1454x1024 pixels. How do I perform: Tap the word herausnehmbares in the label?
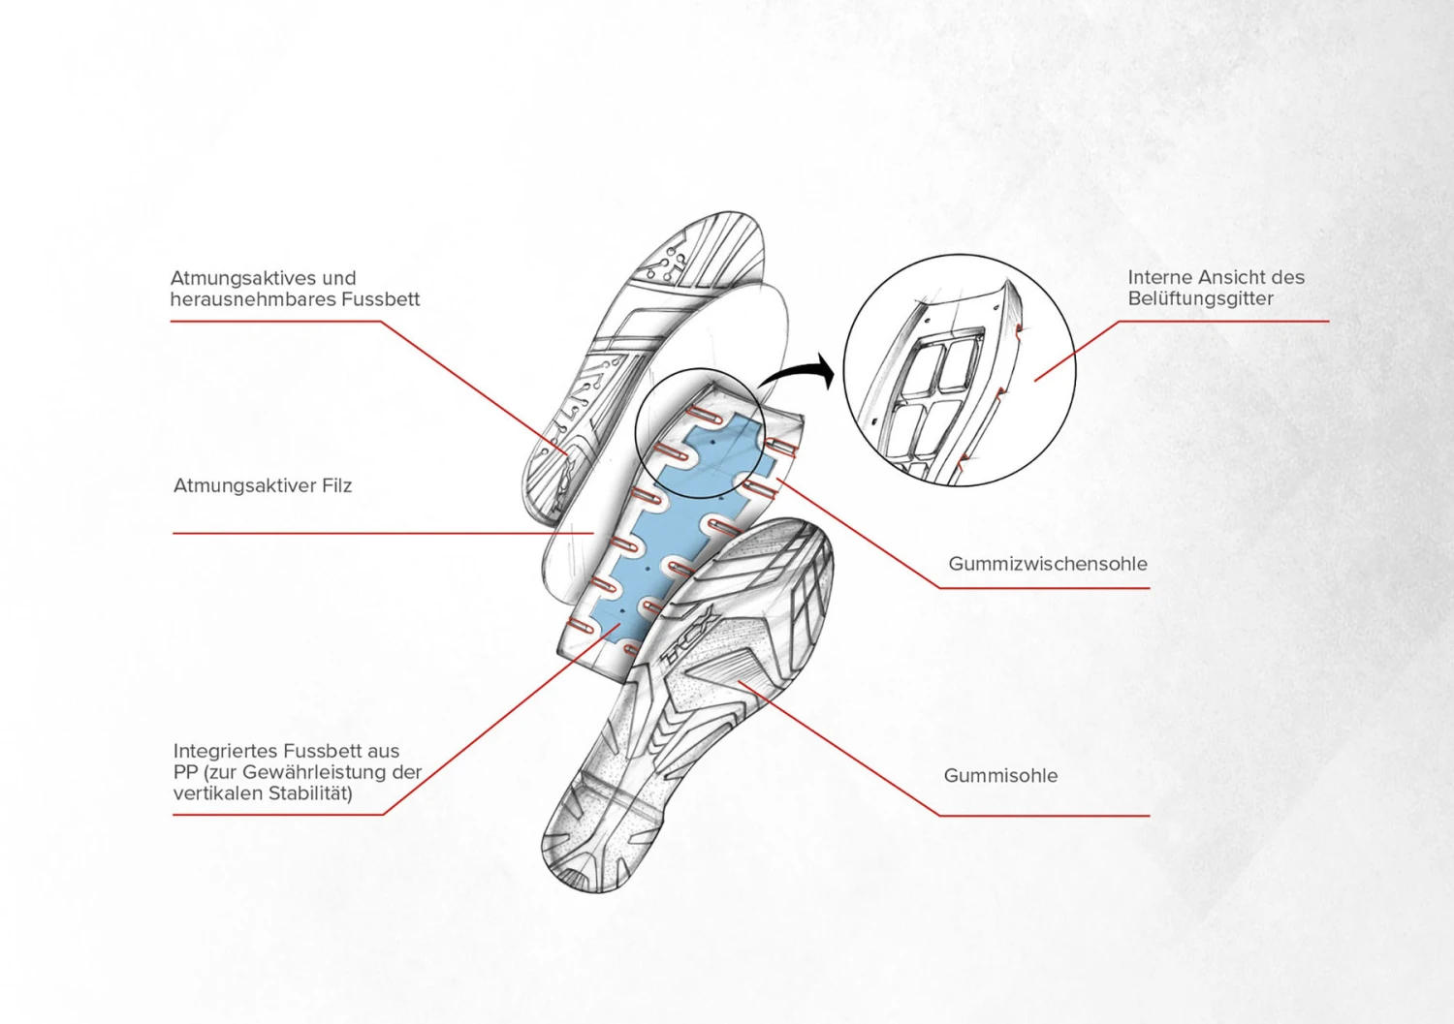(x=253, y=299)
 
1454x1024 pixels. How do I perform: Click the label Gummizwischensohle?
(x=1048, y=564)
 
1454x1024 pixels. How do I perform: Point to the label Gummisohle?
(x=1000, y=775)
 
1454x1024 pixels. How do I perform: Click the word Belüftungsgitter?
(x=1200, y=299)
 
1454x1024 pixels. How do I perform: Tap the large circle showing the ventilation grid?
(x=960, y=370)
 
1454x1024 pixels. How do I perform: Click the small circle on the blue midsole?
(x=700, y=433)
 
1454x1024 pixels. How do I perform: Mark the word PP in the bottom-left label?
(x=184, y=772)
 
